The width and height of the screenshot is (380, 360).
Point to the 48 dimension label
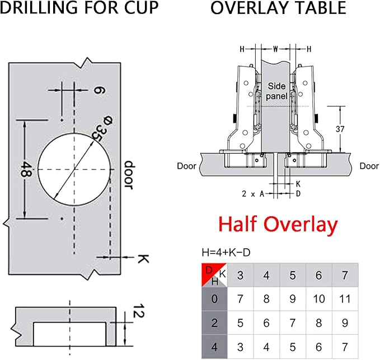point(24,169)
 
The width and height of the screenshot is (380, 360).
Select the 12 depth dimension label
point(139,311)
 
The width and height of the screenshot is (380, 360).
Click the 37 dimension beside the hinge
point(340,129)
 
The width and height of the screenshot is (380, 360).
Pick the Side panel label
point(276,91)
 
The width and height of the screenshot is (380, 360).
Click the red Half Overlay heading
point(278,224)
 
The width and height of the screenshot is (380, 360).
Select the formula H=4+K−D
point(226,253)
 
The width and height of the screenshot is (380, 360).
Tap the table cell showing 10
point(318,299)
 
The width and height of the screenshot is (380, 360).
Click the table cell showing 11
point(345,299)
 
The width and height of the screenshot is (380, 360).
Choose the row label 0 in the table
point(214,299)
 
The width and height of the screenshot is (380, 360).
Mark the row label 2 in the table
point(214,323)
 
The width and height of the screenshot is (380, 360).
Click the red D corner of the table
point(209,270)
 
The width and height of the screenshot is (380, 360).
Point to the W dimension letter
point(275,49)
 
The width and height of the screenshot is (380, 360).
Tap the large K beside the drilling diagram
point(143,259)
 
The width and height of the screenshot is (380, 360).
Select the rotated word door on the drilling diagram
point(129,175)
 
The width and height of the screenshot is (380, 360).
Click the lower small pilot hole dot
point(62,219)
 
